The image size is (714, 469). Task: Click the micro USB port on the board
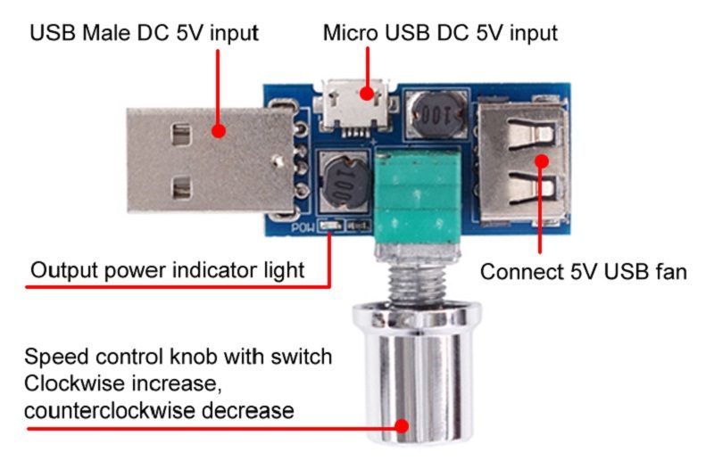(355, 104)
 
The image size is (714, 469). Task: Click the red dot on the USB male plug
(219, 131)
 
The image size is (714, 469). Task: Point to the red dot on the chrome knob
(402, 426)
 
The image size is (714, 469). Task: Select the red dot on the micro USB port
(366, 94)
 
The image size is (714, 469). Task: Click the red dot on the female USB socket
(542, 161)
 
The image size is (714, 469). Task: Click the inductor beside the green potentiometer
(345, 183)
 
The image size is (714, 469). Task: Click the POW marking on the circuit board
(303, 227)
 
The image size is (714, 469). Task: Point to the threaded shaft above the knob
(416, 284)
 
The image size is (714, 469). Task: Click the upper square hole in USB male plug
(181, 135)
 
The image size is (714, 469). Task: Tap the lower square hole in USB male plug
(181, 188)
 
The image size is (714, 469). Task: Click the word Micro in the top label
(351, 33)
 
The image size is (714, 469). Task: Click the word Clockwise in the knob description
(74, 383)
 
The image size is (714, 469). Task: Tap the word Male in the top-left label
(108, 33)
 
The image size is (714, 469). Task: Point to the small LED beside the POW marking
(331, 226)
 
